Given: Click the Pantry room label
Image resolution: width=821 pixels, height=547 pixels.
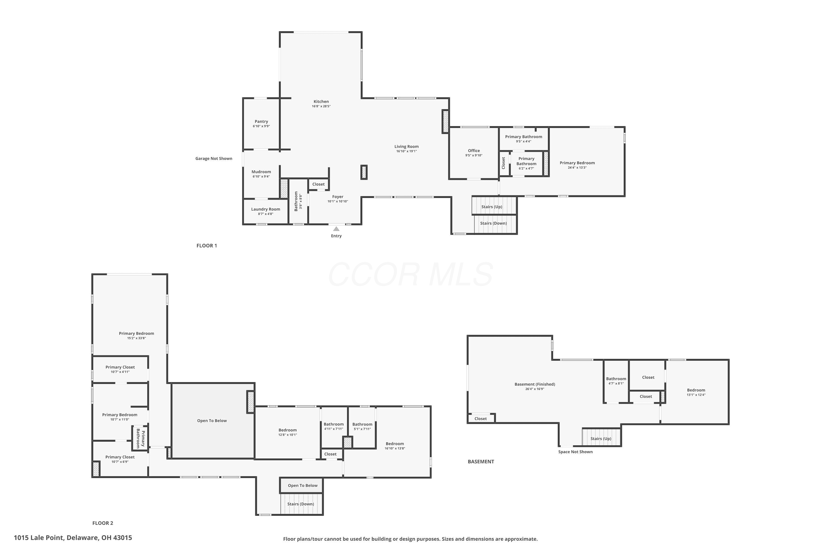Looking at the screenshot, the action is (x=261, y=121).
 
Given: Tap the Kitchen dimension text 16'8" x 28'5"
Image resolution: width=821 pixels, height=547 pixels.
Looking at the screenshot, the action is (x=321, y=106).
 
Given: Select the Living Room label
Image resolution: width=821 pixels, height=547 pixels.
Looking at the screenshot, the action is (x=406, y=147).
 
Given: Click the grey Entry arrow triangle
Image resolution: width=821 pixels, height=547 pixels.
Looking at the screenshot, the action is (x=336, y=229).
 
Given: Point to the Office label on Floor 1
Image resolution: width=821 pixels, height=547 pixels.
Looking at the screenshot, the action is (x=474, y=151).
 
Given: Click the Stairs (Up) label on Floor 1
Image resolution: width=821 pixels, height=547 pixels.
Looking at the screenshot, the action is (x=492, y=206).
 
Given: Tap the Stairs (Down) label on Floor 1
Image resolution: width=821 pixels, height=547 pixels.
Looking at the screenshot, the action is (x=493, y=223).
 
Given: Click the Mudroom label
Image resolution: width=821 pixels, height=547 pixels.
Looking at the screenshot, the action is (x=261, y=172).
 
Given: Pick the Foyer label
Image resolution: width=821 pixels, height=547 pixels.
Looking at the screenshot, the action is (x=337, y=197).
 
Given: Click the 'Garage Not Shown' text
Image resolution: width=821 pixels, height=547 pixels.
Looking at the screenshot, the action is (x=214, y=158).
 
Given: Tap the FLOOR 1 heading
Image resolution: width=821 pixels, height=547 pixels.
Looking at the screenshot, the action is (x=207, y=246).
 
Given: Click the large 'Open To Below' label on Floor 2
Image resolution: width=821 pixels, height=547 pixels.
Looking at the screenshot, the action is (x=212, y=421).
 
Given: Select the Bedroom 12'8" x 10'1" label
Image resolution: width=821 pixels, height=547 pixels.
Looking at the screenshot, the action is (x=287, y=430).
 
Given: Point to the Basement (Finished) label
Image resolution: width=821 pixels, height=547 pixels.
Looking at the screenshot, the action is (x=535, y=384).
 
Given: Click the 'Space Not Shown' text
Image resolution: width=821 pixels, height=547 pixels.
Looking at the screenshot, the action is (x=575, y=452).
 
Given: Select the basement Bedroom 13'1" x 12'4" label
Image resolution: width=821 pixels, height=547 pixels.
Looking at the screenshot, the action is (x=696, y=390).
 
